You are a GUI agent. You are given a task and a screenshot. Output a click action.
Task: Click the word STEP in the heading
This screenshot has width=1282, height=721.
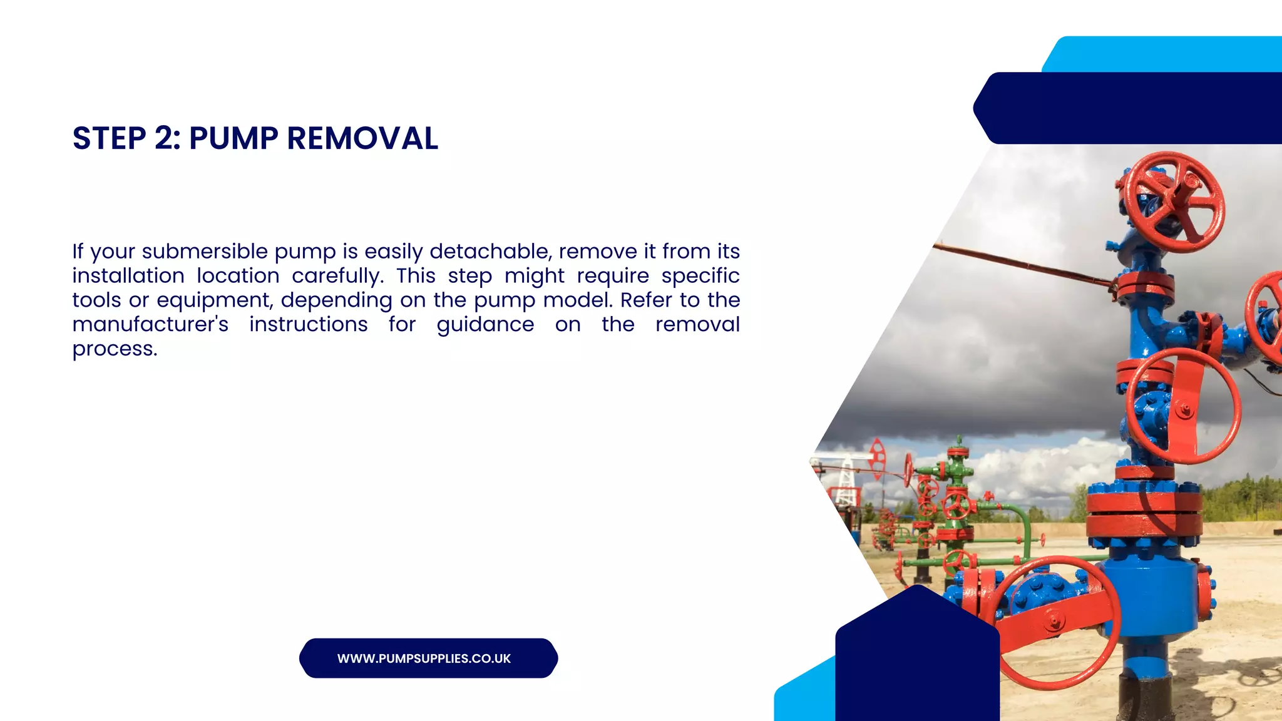click(x=109, y=138)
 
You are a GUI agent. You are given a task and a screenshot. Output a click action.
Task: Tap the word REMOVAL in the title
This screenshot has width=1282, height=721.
click(x=362, y=138)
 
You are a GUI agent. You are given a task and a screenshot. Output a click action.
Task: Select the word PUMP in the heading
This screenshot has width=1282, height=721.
click(x=233, y=138)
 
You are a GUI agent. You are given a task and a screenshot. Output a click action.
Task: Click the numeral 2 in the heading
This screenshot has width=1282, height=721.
click(x=166, y=138)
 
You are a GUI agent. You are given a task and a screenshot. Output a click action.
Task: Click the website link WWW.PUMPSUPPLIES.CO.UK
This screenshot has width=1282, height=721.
click(x=424, y=658)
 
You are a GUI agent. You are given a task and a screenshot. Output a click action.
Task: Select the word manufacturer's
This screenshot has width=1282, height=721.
click(x=150, y=325)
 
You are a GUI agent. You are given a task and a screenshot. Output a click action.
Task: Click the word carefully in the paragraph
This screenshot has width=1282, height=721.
click(x=337, y=276)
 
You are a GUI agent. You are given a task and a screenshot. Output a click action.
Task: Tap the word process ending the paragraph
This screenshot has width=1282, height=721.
click(x=115, y=349)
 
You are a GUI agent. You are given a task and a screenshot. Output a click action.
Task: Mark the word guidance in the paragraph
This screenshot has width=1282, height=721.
click(x=485, y=325)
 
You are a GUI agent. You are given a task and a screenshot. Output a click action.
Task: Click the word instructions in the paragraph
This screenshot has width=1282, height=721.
click(x=308, y=325)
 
